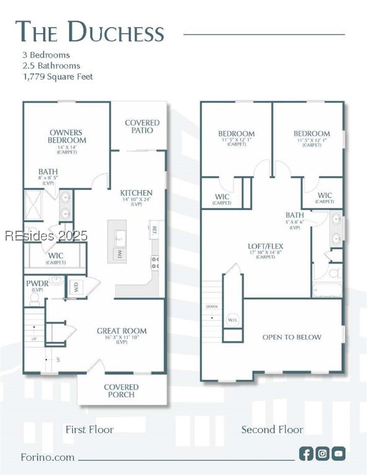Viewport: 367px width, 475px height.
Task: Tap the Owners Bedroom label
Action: click(67, 136)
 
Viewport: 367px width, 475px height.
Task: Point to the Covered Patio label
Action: click(142, 127)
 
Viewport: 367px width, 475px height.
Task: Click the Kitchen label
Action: click(136, 193)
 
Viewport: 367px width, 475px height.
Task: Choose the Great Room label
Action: click(121, 332)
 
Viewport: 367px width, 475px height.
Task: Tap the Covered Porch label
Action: click(121, 391)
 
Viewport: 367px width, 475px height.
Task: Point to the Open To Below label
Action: click(291, 337)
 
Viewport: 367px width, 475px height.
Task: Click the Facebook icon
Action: click(306, 453)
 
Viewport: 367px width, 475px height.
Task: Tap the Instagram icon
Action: click(322, 453)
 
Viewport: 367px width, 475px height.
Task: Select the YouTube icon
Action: click(339, 453)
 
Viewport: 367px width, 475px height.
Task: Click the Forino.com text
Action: click(47, 458)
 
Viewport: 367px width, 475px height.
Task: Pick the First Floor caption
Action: click(89, 429)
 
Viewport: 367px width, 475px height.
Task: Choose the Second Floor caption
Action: click(272, 429)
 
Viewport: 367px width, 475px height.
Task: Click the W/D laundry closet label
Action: click(76, 287)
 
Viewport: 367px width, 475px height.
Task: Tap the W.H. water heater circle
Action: click(232, 320)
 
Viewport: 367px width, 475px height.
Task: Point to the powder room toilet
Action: click(35, 299)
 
